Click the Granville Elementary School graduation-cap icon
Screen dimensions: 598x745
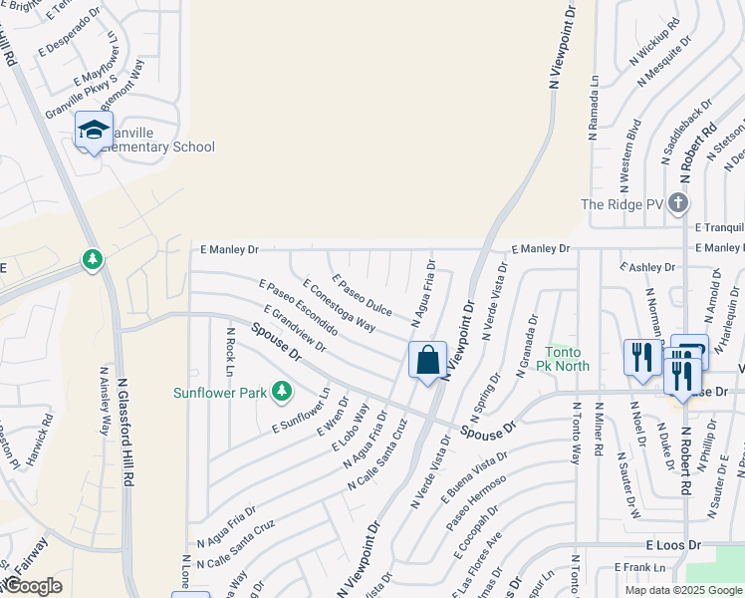click(x=94, y=131)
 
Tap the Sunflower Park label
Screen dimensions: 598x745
click(x=221, y=393)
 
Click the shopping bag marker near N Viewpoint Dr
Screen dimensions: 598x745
click(x=427, y=360)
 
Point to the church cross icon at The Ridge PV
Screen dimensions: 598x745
click(x=678, y=203)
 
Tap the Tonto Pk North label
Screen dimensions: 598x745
click(x=567, y=359)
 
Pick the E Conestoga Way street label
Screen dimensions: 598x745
click(x=339, y=305)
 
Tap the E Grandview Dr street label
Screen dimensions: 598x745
click(x=296, y=329)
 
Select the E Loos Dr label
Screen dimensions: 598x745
click(x=673, y=546)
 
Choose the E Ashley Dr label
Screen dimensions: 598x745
click(x=647, y=267)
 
